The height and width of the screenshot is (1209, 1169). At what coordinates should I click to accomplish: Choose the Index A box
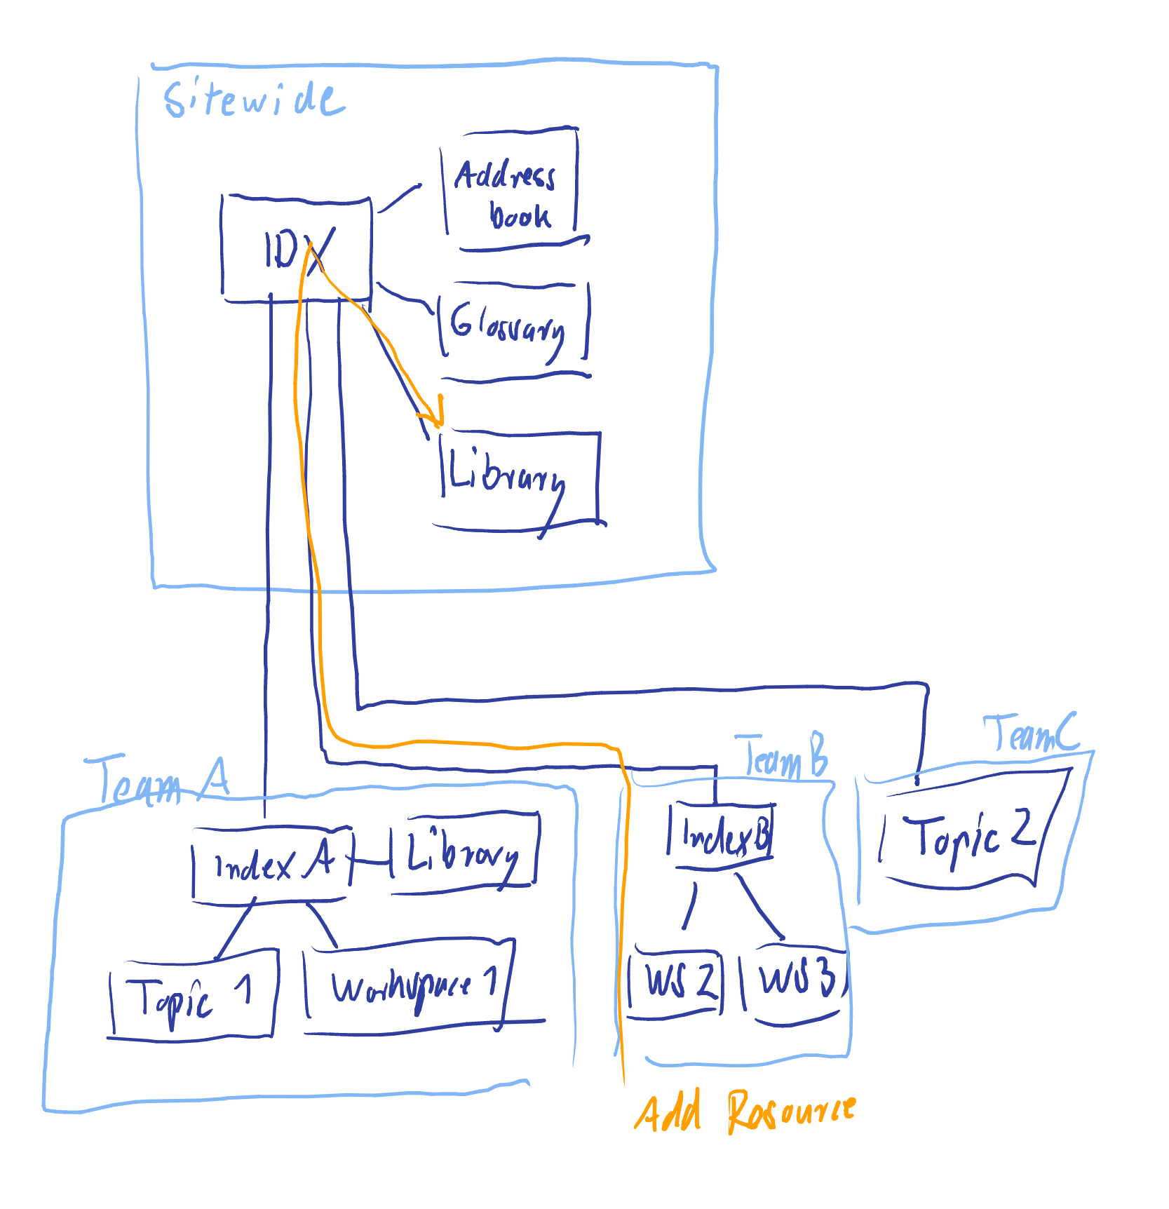click(x=272, y=865)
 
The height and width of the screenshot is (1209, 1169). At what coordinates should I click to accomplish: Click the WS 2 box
click(x=675, y=982)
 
